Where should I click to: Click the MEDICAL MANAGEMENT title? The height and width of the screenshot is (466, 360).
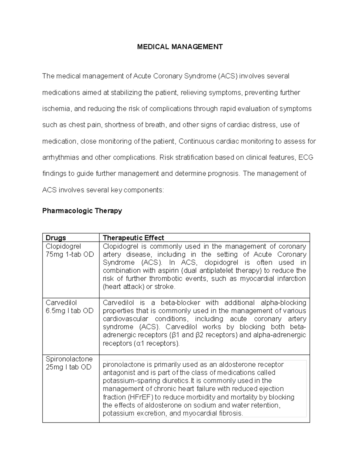click(180, 47)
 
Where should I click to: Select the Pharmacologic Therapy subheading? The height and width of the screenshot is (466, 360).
click(82, 211)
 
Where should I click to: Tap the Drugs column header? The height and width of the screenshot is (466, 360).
click(55, 238)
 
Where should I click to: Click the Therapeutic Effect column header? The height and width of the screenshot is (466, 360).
click(133, 238)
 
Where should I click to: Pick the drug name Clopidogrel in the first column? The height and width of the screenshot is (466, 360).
click(63, 246)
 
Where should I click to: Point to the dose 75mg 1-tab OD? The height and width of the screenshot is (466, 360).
click(70, 254)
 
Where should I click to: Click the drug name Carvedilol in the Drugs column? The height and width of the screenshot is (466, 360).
click(61, 302)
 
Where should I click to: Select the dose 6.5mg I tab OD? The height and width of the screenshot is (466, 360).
click(69, 311)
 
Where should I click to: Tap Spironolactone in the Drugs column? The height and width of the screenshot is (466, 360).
click(69, 359)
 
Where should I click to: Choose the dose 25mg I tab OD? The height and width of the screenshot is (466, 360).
click(68, 367)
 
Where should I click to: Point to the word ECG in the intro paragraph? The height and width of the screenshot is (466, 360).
click(306, 157)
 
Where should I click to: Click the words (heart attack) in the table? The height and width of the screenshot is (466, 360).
click(123, 287)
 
